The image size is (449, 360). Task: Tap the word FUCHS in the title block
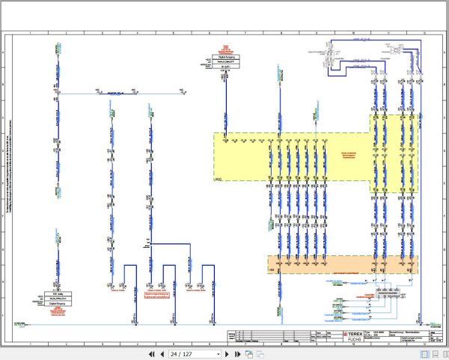point(355,340)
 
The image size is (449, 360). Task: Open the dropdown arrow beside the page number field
point(218,353)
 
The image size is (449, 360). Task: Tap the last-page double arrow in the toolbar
point(236,353)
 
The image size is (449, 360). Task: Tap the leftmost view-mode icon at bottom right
point(424,353)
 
